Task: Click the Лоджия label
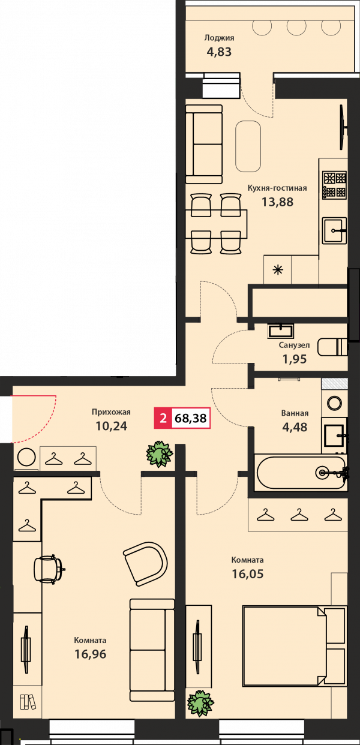coord(219,38)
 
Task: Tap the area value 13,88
coord(277,202)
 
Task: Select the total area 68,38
coord(191,417)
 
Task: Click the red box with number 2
coord(163,417)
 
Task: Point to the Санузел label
coord(294,345)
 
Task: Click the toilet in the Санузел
coord(332,347)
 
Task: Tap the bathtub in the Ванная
coord(301,472)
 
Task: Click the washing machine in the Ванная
coord(334,403)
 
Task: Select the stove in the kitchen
coord(334,185)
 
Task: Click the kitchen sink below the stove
coord(334,230)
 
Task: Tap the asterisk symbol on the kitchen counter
coord(277,270)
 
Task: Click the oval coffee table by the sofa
coord(248,146)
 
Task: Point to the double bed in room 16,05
coord(295,645)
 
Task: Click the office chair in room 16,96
coord(49,569)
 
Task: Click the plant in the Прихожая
coord(160,454)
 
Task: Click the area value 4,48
coord(295,427)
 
